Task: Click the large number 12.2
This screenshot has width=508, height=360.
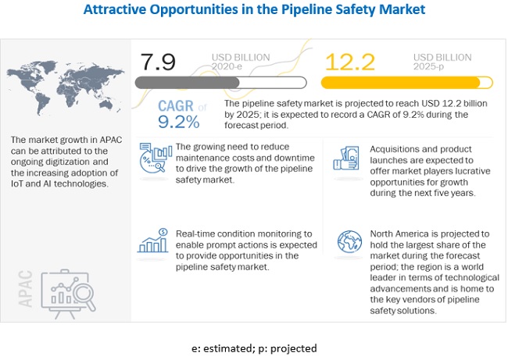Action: point(352,61)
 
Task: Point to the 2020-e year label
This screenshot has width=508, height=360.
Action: point(231,67)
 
